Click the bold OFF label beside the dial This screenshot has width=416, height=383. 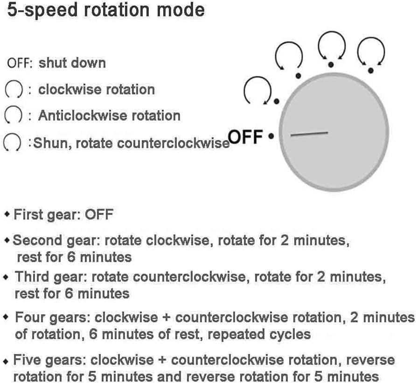[x=245, y=136]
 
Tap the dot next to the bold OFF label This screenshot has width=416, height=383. [x=271, y=136]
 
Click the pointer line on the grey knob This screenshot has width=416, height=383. [x=309, y=134]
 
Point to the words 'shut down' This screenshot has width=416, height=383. [x=72, y=63]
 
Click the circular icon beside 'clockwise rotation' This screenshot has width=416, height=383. [x=14, y=89]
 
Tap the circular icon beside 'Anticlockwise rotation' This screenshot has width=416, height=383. [x=13, y=115]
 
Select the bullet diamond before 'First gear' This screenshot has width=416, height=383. [x=7, y=214]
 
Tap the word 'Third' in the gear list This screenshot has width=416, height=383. [x=32, y=277]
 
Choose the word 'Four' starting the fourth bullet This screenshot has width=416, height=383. [x=30, y=317]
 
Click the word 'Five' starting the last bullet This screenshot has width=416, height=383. [x=28, y=360]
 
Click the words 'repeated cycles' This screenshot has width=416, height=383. [x=259, y=334]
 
